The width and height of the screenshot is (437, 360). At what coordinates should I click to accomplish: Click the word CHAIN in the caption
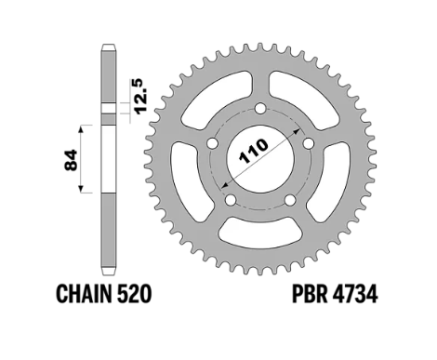click(x=84, y=294)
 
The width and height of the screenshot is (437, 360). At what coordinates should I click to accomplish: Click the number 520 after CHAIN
click(x=134, y=294)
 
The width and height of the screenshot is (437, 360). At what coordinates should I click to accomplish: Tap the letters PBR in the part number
click(x=310, y=294)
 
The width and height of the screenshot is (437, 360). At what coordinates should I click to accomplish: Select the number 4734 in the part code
click(x=355, y=294)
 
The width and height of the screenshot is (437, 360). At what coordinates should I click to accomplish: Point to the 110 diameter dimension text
click(x=254, y=151)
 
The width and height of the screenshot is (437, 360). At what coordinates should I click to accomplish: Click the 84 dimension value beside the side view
click(x=71, y=160)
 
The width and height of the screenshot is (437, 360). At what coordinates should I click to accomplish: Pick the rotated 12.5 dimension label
click(x=143, y=96)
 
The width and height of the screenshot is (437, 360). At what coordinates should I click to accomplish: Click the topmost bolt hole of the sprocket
click(x=260, y=109)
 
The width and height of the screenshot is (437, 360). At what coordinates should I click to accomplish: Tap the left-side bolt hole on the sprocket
click(x=212, y=143)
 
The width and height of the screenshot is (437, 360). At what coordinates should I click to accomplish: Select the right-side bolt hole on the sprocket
click(x=308, y=143)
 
